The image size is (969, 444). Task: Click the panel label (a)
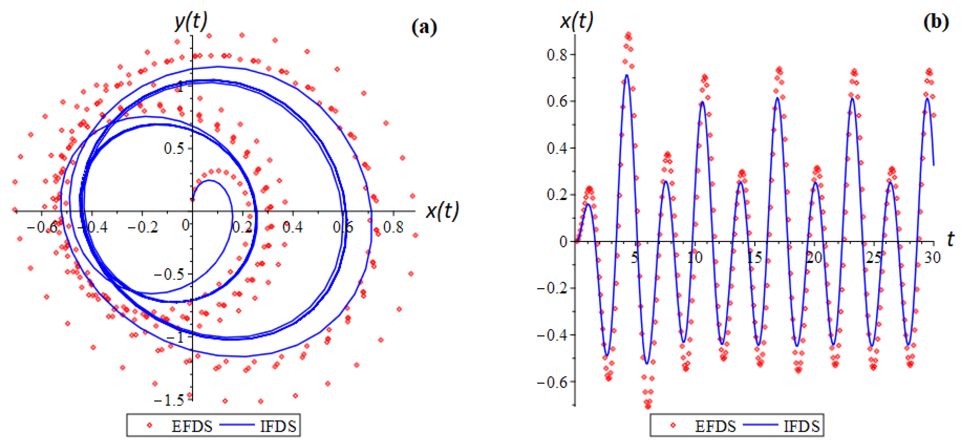tap(424, 28)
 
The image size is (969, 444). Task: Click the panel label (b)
tap(936, 23)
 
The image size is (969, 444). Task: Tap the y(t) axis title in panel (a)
tap(191, 21)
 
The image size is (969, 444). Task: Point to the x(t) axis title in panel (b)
tap(576, 20)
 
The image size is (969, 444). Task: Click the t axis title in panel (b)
tap(950, 239)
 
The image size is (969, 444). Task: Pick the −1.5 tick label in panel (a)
tap(169, 400)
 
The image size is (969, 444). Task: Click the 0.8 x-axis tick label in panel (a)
tap(393, 227)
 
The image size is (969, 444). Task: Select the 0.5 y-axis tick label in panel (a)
tap(174, 149)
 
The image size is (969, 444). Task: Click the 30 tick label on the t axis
tap(933, 258)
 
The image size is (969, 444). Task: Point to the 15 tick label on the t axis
tap(754, 258)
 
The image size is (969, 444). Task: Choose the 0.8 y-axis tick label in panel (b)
tap(557, 55)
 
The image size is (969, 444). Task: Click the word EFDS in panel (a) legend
tap(192, 426)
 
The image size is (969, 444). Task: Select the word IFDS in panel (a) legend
tap(278, 426)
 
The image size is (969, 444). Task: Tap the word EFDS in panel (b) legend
tap(715, 426)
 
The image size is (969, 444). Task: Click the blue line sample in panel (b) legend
tap(761, 425)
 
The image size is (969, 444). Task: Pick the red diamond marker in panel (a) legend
tap(149, 425)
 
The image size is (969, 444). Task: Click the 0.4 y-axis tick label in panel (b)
tap(557, 148)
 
